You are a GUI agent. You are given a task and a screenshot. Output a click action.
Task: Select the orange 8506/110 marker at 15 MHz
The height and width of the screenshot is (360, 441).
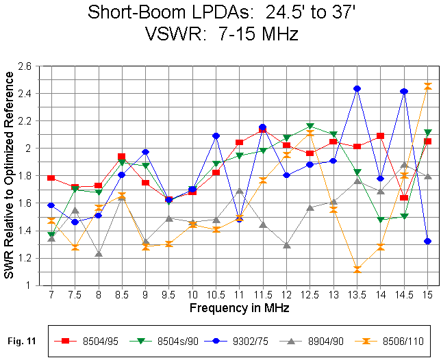(428, 86)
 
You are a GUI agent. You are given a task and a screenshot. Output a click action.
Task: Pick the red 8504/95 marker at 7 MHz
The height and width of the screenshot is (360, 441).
(51, 178)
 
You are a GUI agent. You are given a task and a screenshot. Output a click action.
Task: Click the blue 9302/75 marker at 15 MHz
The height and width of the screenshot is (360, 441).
(428, 241)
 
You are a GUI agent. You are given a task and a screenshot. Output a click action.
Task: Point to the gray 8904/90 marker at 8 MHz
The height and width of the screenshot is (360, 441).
(99, 254)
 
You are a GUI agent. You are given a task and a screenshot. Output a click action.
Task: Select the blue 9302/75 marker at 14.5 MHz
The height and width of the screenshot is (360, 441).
(404, 91)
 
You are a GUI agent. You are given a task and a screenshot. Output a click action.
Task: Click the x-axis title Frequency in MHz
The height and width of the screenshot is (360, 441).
(239, 309)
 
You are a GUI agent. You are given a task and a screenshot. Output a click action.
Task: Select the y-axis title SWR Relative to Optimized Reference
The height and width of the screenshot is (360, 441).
(10, 175)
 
